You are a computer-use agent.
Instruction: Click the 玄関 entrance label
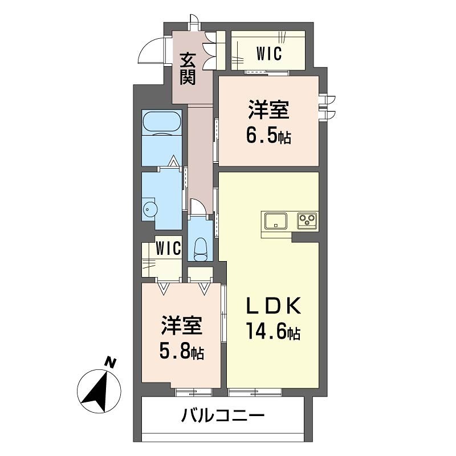click(x=188, y=68)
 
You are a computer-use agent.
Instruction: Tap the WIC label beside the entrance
click(x=269, y=54)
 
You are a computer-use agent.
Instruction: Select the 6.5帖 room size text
click(x=269, y=137)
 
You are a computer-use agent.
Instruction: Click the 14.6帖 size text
click(x=273, y=332)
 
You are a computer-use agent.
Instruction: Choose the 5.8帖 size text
click(x=181, y=352)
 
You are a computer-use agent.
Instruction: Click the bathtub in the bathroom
click(x=162, y=123)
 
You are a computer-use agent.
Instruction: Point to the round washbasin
click(x=149, y=209)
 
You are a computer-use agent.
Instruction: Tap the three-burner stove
click(x=307, y=220)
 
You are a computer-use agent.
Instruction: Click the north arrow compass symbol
click(x=99, y=390)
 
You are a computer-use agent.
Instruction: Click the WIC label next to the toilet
click(x=169, y=249)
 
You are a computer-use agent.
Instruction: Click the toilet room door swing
click(x=196, y=206)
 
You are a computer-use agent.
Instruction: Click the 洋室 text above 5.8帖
click(x=181, y=327)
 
